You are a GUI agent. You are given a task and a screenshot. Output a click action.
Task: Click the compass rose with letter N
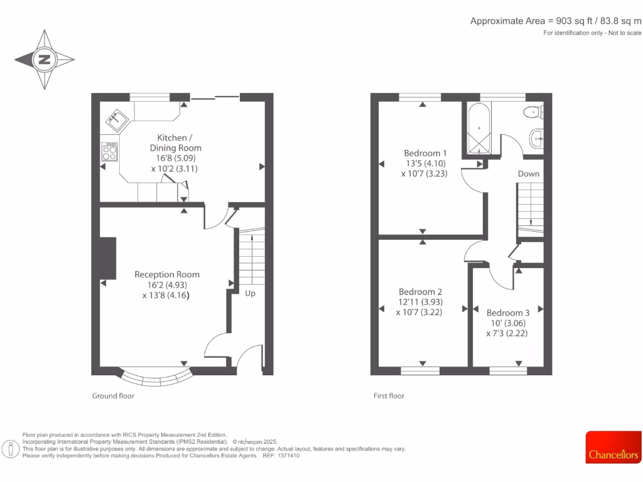pyautogui.click(x=45, y=60)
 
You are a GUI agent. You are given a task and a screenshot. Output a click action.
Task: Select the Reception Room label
pyautogui.click(x=167, y=274)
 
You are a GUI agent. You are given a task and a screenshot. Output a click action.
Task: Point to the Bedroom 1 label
pyautogui.click(x=425, y=153)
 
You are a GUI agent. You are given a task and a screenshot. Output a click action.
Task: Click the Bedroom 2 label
pyautogui.click(x=421, y=292)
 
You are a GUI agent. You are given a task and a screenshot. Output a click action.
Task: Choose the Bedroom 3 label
pyautogui.click(x=507, y=313)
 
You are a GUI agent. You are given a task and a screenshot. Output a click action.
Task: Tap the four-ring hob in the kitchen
pyautogui.click(x=110, y=153)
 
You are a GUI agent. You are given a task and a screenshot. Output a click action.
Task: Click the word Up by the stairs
pyautogui.click(x=250, y=293)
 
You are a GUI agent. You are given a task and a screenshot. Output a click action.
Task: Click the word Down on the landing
pyautogui.click(x=528, y=174)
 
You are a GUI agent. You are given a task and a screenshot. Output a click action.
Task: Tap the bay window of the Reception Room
pyautogui.click(x=157, y=378)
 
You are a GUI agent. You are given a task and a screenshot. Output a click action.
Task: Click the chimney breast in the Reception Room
pyautogui.click(x=107, y=258)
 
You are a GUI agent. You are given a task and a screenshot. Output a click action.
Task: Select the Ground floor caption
pyautogui.click(x=113, y=396)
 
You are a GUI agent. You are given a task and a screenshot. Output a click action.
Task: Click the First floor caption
pyautogui.click(x=389, y=396)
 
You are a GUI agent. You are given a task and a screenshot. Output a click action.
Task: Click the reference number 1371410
pyautogui.click(x=288, y=456)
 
